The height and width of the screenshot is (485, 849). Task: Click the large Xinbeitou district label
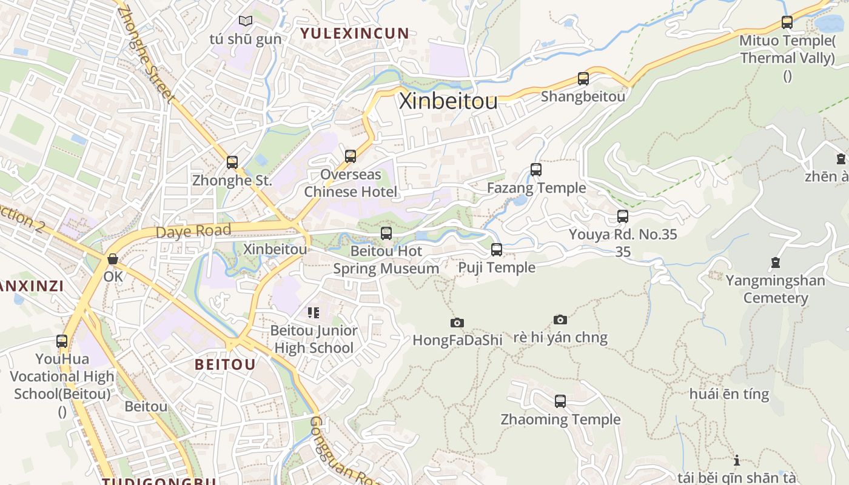pos(448,101)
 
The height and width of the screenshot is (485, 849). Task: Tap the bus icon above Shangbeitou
pos(583,79)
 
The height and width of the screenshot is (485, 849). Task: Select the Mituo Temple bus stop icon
pos(787,23)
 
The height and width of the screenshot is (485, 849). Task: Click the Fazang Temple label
pos(536,188)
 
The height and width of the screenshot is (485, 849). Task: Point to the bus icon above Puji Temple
pos(496,250)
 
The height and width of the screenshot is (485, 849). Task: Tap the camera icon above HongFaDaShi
pos(457,323)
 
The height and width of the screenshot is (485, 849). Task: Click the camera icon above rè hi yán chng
pos(560,319)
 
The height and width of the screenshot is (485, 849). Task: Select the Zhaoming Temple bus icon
pos(560,401)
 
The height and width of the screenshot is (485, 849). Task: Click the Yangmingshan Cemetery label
pos(775,289)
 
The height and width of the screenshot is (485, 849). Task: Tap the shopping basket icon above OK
pos(113,259)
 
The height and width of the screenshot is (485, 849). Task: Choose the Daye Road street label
pos(193,232)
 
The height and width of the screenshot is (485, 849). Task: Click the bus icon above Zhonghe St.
pos(232,162)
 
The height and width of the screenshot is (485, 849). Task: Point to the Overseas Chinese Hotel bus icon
pos(350,156)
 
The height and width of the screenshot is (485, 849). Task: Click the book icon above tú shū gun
pos(245,21)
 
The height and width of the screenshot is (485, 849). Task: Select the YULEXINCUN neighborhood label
pos(355,33)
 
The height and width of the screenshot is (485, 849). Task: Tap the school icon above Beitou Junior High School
pos(313,313)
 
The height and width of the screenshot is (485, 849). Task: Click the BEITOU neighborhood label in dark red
pos(225,364)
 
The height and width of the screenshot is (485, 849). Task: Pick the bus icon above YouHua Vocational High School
pos(62,341)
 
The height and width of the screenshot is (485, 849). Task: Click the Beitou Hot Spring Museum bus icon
pos(386,233)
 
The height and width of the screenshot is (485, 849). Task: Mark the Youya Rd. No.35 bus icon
pos(622,216)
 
